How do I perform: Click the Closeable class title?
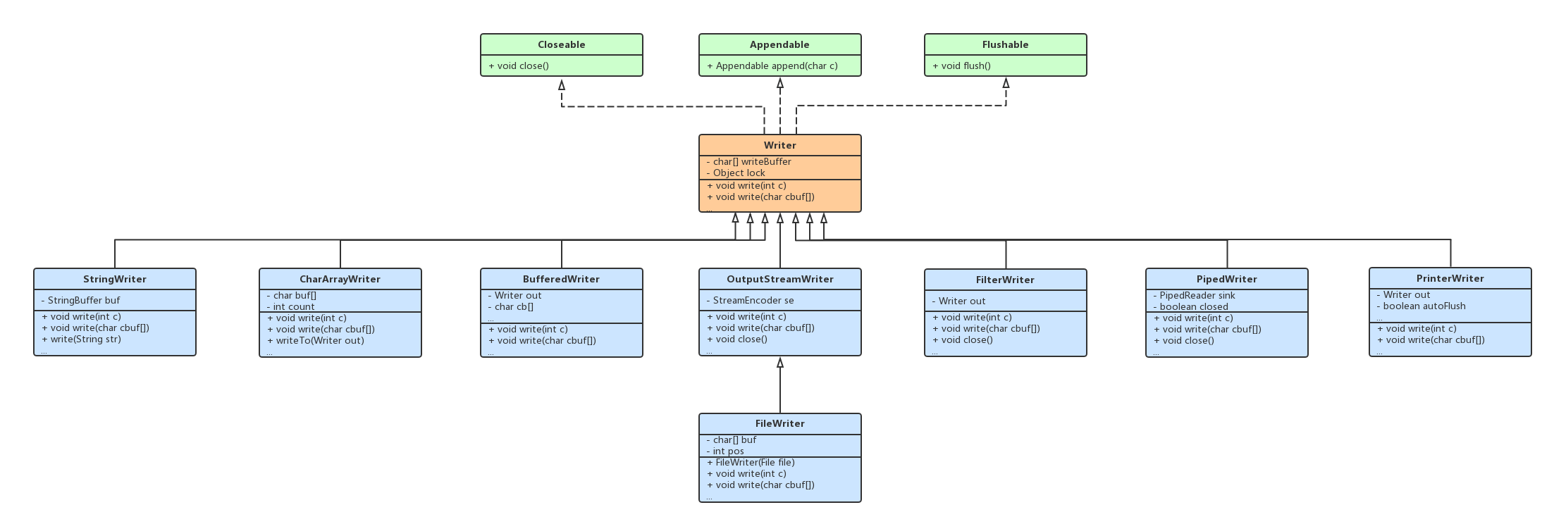pos(561,44)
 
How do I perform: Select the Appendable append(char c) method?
pos(772,66)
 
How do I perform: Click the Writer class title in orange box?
pos(779,145)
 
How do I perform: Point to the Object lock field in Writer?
pos(738,173)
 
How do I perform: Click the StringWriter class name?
pos(114,279)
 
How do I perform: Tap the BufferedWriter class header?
pos(561,279)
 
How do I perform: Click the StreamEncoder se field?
pos(753,300)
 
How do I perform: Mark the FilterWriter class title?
pos(1005,280)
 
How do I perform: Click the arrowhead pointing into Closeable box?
pos(562,85)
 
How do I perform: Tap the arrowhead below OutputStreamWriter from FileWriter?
pos(779,363)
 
